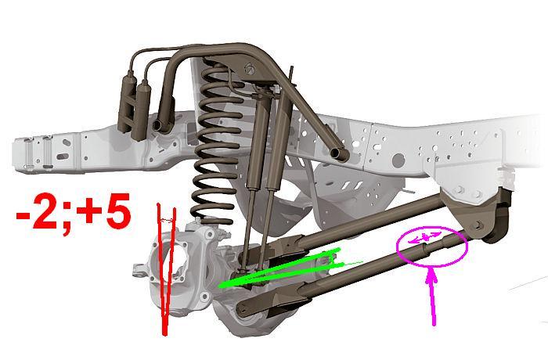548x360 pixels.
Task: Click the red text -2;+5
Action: coord(74,212)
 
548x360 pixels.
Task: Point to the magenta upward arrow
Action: coord(433,297)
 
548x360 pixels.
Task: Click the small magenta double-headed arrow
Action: coord(424,237)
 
